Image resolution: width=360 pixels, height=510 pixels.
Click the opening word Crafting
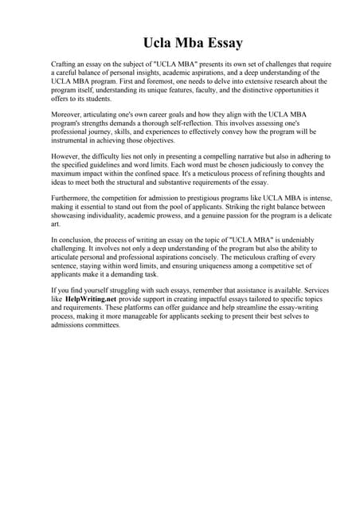tap(65, 63)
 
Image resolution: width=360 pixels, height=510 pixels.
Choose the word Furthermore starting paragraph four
tap(76, 198)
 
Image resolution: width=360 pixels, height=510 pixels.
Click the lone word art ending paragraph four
tap(56, 224)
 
